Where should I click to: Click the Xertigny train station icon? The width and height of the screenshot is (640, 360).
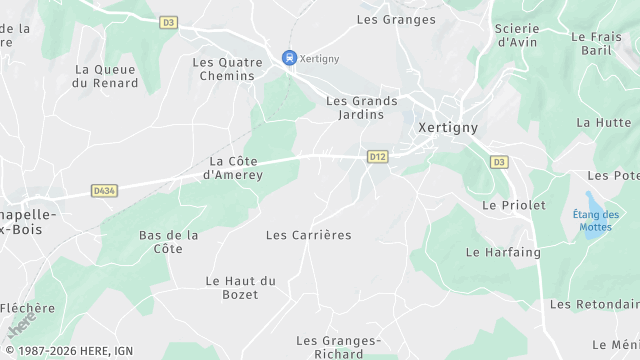[x=290, y=58]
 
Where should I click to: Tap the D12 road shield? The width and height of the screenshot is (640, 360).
[x=377, y=156]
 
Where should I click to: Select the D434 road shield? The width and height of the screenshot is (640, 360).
[x=103, y=189]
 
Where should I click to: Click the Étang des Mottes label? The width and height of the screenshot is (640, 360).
[x=596, y=220]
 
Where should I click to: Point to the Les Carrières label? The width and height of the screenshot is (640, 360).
[x=308, y=235]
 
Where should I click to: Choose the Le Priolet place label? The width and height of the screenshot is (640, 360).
[x=514, y=205]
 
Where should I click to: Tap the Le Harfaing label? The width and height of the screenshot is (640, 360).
[x=503, y=252]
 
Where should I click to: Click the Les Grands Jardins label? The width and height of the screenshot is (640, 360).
[x=362, y=107]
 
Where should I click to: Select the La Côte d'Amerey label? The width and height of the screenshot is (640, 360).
[x=235, y=167]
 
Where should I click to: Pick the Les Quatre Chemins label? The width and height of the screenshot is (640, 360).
[x=229, y=68]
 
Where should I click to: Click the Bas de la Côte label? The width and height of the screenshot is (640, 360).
[x=169, y=241]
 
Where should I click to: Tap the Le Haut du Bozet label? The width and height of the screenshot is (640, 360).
[x=239, y=288]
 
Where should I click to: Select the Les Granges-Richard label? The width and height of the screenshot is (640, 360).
[x=338, y=347]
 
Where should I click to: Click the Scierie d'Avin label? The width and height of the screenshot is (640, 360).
[x=518, y=35]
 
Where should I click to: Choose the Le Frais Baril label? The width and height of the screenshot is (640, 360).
[x=597, y=43]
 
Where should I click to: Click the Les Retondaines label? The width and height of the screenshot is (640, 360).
[x=594, y=304]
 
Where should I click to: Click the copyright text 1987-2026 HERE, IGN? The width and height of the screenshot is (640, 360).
[x=68, y=351]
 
